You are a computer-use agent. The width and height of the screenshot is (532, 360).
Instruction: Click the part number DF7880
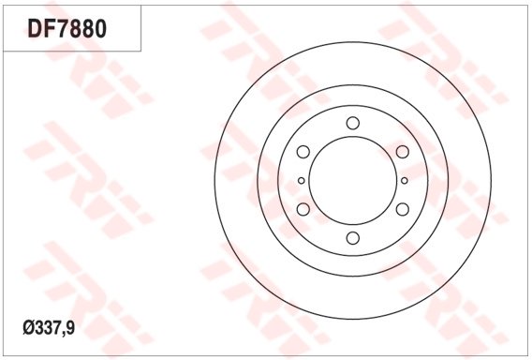tap(67, 28)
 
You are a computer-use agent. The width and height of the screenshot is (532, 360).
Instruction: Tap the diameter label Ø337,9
tap(49, 328)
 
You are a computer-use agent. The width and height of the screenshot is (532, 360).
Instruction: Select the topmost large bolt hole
tap(353, 123)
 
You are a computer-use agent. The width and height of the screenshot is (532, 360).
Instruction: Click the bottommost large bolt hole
tap(353, 238)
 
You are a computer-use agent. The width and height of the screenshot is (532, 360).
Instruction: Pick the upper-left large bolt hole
tap(303, 152)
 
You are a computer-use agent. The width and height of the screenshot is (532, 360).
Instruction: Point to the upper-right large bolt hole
tap(403, 152)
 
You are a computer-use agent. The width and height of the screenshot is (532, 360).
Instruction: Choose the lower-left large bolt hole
tap(303, 209)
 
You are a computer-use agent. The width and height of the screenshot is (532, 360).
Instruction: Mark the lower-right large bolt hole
tap(403, 209)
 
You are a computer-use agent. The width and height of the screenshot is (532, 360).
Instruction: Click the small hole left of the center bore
tap(302, 181)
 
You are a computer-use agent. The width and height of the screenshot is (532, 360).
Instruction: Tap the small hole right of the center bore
tap(405, 181)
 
